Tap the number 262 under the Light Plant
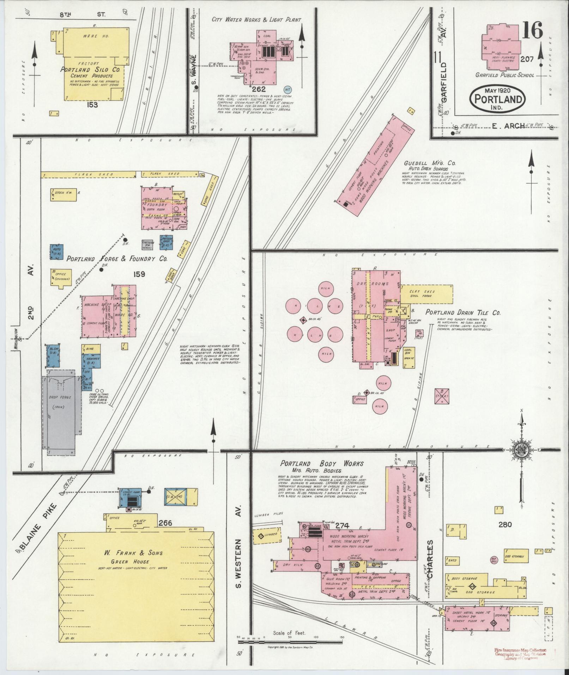(x=259, y=89)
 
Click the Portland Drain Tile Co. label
(x=463, y=312)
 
